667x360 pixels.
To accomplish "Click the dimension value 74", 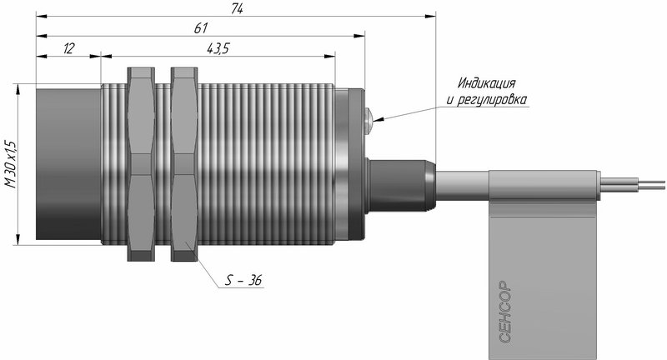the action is coord(237,8).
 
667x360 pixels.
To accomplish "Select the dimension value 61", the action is coord(200,28).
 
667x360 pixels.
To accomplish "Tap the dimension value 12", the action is coord(68,48).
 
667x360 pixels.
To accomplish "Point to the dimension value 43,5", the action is coord(218,48).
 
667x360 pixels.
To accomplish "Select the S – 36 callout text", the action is coord(243,280).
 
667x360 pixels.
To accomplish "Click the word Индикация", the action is coord(487,82).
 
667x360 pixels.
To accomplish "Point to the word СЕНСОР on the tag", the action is coord(504,312).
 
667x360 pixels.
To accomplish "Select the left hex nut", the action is coord(141,164).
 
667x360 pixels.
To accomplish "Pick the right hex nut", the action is coord(184,164).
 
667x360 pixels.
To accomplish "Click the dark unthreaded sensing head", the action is coord(68,164).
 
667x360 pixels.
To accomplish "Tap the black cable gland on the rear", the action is coord(400,186).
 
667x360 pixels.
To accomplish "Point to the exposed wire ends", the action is coord(632,185).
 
